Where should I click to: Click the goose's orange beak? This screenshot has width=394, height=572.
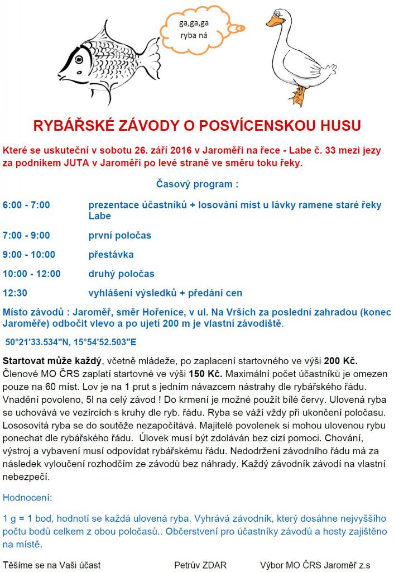tap(273, 21)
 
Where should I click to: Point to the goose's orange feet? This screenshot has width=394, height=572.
tap(300, 96)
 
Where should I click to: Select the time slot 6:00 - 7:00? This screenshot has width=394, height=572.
tap(26, 205)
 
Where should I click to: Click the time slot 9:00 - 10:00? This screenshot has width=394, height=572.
tap(29, 255)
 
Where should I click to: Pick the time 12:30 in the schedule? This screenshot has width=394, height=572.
tap(15, 293)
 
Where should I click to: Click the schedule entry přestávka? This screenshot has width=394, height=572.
tap(111, 255)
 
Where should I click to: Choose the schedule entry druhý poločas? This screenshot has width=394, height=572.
tap(121, 274)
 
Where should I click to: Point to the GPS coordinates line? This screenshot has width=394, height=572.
tap(71, 341)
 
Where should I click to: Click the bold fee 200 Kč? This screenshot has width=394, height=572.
tap(340, 360)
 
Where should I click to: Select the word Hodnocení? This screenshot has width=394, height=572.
tap(27, 497)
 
